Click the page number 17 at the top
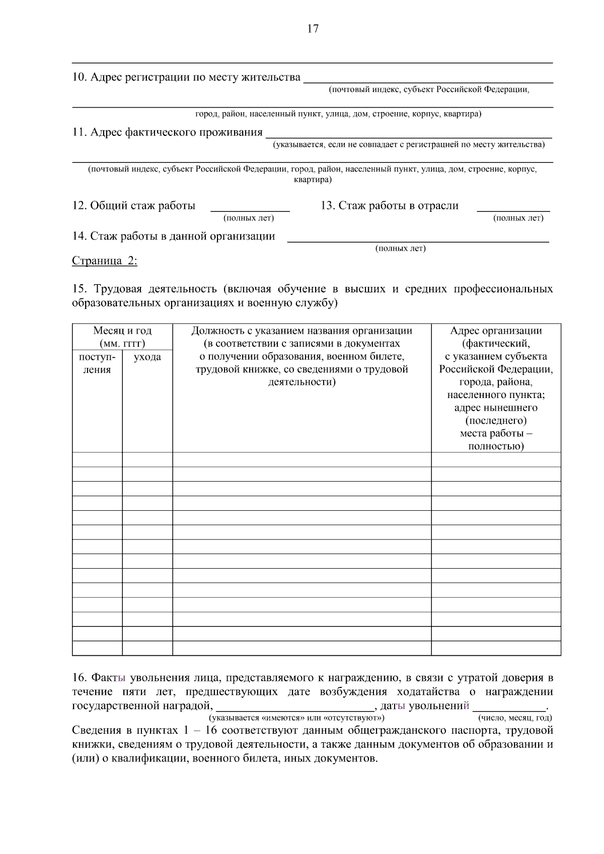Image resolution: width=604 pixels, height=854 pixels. [313, 29]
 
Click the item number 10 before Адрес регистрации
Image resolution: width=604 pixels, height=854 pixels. [80, 77]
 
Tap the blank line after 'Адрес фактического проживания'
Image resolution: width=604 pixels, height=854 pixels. [408, 134]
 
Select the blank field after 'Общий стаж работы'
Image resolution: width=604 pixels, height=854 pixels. [250, 207]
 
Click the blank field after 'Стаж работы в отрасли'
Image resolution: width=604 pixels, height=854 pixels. [513, 207]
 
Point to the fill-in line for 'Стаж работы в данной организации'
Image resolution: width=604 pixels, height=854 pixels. [418, 238]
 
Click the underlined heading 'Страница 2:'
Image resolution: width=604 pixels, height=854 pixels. [104, 261]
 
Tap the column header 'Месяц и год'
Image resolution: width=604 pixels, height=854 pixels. [122, 331]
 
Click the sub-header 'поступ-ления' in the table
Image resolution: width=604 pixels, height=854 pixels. [97, 363]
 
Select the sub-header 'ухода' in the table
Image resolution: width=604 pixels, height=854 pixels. [147, 357]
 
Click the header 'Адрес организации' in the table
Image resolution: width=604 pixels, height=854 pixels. [496, 331]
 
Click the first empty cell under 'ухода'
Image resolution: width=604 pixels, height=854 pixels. [147, 459]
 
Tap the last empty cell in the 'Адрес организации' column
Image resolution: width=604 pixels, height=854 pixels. [496, 648]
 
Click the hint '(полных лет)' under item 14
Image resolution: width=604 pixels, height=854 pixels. [401, 249]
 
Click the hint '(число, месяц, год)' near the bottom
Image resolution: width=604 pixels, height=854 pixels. [514, 718]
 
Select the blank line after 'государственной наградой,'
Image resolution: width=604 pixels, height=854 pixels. [295, 706]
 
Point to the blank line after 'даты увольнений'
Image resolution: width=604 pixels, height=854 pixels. [509, 706]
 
